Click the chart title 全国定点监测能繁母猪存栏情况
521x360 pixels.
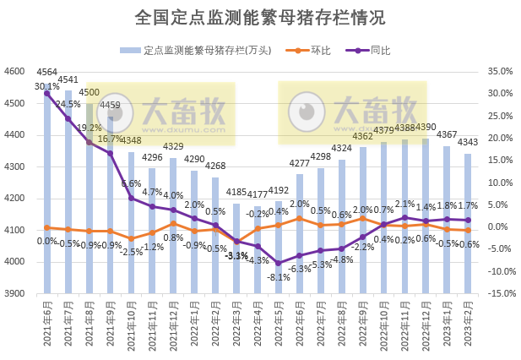tap(260, 18)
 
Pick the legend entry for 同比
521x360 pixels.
tap(370, 50)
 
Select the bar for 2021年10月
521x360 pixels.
tap(131, 223)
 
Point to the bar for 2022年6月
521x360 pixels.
tap(299, 234)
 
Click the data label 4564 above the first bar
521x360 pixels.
tap(47, 72)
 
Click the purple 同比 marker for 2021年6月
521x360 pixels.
tap(46, 93)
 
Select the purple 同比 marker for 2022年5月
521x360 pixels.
tap(278, 263)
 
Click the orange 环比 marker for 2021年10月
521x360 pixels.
tap(131, 238)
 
